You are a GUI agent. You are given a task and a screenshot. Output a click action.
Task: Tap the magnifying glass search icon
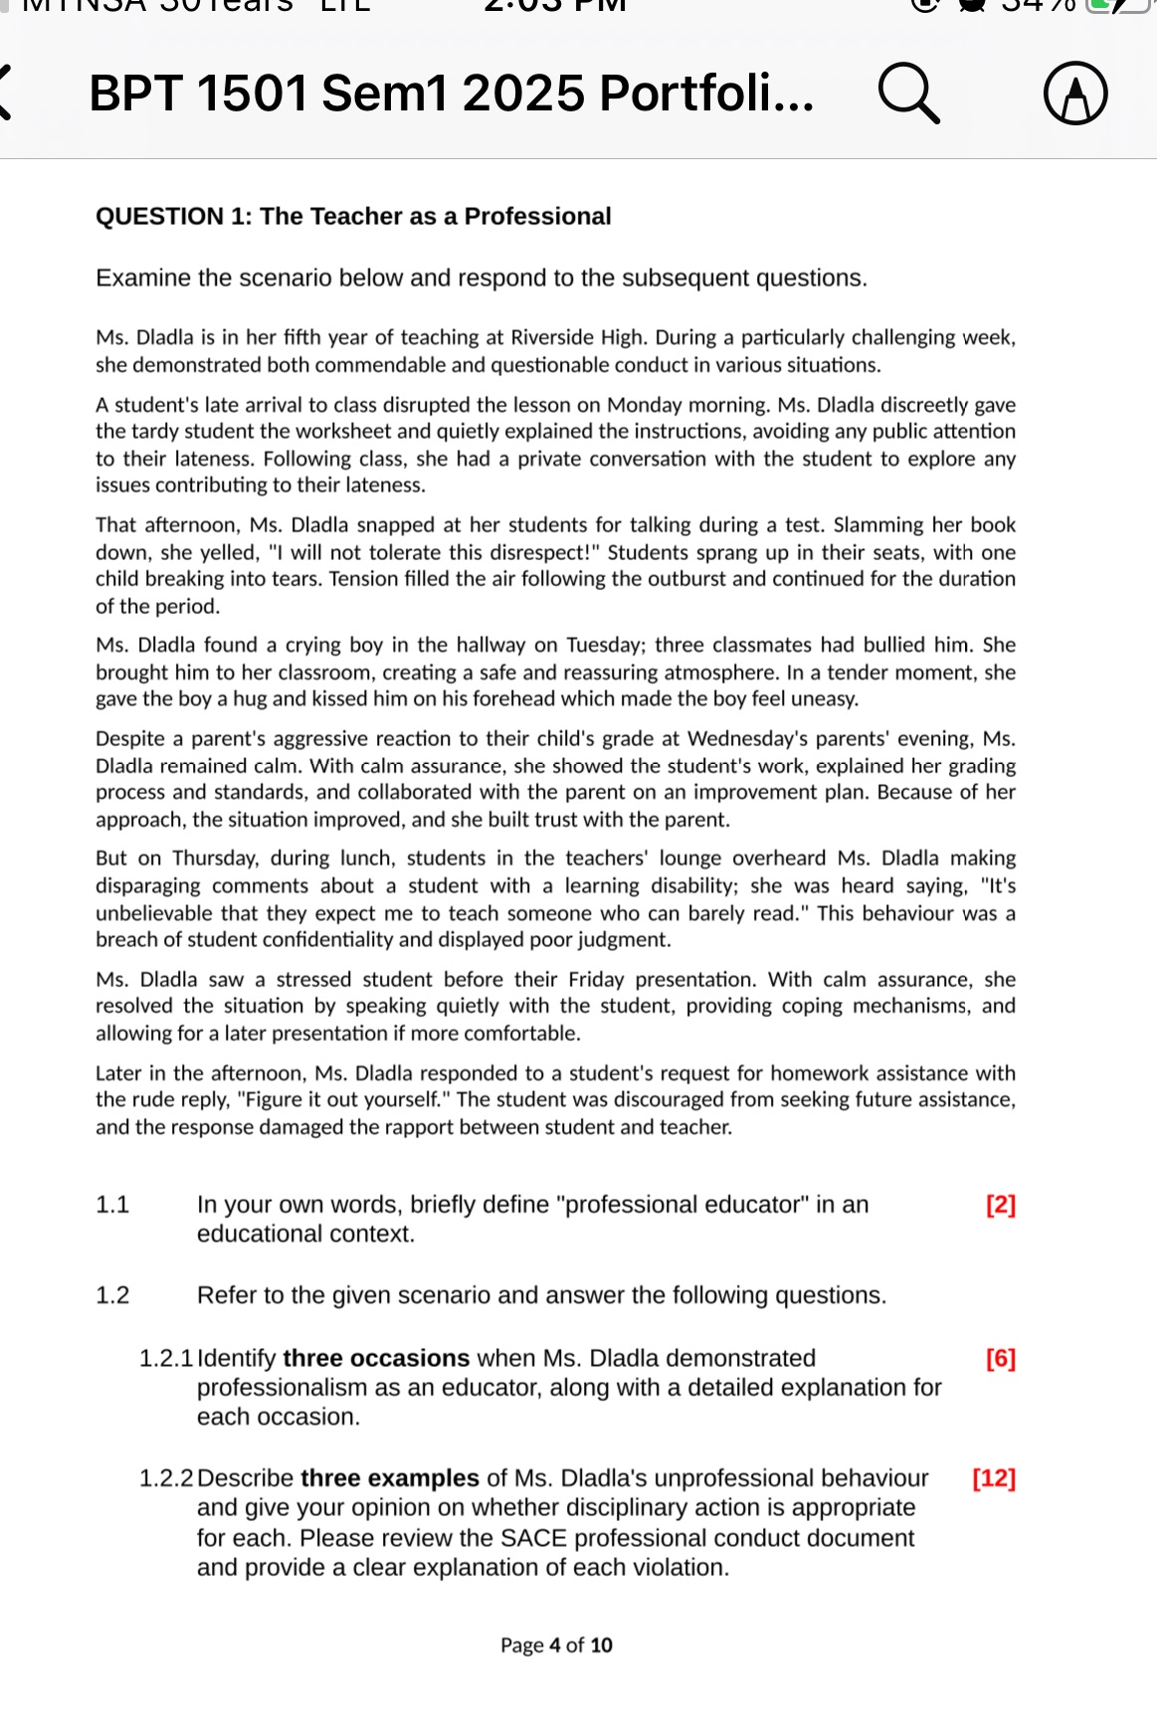pyautogui.click(x=908, y=94)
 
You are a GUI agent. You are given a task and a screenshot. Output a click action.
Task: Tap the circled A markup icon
pyautogui.click(x=1075, y=94)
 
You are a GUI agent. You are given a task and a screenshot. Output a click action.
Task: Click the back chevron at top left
pyautogui.click(x=6, y=93)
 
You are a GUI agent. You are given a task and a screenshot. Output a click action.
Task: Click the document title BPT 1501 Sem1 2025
pyautogui.click(x=450, y=94)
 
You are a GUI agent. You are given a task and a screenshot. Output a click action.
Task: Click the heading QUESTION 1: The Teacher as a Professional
pyautogui.click(x=353, y=217)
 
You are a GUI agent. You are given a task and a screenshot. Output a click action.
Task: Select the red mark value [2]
pyautogui.click(x=1000, y=1205)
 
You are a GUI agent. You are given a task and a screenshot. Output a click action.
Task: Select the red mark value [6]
pyautogui.click(x=1000, y=1358)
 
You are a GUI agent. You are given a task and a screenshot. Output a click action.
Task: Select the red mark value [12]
pyautogui.click(x=994, y=1478)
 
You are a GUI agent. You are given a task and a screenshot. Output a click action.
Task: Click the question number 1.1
pyautogui.click(x=112, y=1205)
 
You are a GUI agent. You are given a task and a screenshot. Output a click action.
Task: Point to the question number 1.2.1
pyautogui.click(x=165, y=1358)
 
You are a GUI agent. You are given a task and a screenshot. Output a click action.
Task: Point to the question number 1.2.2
pyautogui.click(x=165, y=1478)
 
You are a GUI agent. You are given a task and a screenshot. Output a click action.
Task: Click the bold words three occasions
pyautogui.click(x=376, y=1358)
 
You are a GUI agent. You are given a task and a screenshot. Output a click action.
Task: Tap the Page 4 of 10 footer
pyautogui.click(x=556, y=1645)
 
